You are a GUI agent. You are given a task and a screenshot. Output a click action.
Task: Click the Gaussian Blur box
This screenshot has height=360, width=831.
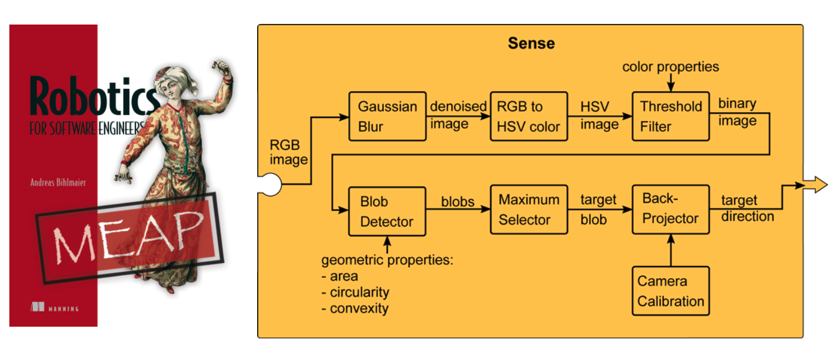tap(387, 116)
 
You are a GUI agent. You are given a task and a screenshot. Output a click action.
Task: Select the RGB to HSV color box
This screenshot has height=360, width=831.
tap(528, 116)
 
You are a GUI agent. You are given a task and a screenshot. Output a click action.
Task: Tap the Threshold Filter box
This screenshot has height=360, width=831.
tap(670, 116)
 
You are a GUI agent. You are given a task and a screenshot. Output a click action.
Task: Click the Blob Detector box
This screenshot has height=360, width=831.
tap(387, 211)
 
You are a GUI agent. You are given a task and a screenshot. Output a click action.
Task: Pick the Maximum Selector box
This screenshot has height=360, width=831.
tap(528, 210)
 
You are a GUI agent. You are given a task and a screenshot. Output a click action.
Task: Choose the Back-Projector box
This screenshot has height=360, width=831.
tap(670, 209)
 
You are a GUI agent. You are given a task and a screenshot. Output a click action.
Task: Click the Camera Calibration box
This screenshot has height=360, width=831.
tap(670, 291)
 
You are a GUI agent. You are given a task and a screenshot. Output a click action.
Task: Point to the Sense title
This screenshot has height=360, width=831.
tap(531, 43)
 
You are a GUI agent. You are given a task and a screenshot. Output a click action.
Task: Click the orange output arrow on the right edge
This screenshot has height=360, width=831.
tap(816, 186)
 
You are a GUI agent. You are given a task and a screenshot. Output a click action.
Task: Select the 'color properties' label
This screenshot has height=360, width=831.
tap(670, 67)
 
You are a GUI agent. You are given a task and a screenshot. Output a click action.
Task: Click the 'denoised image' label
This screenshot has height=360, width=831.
tap(458, 115)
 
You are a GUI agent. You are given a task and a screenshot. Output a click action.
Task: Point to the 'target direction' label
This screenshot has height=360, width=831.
tap(747, 209)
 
